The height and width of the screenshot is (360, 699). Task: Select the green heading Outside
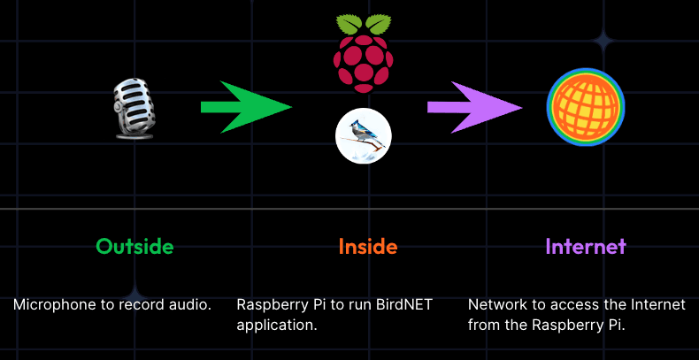click(x=134, y=246)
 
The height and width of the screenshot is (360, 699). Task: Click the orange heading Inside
click(x=367, y=246)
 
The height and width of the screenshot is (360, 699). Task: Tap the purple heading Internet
click(x=585, y=246)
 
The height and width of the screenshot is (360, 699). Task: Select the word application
click(x=276, y=325)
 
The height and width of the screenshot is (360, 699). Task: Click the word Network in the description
click(x=497, y=305)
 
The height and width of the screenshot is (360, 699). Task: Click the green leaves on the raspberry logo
click(x=363, y=24)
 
